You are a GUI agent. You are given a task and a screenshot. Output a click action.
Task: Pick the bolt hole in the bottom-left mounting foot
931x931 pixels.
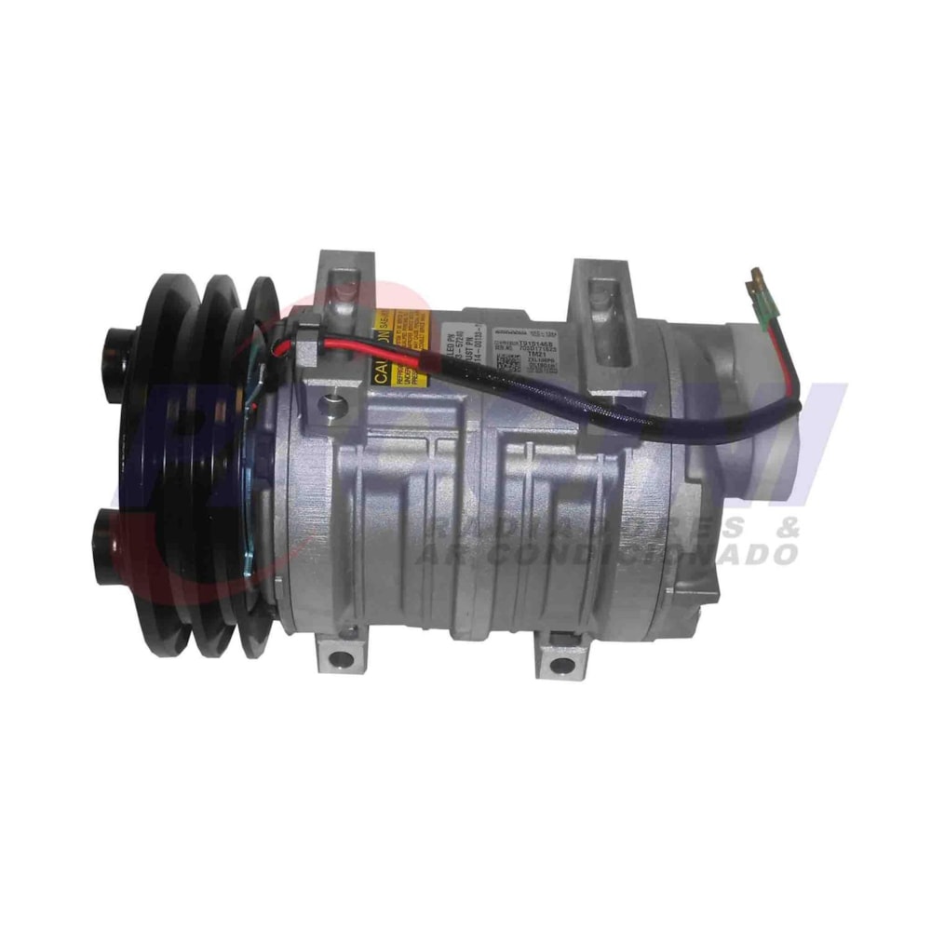pos(342,659)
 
